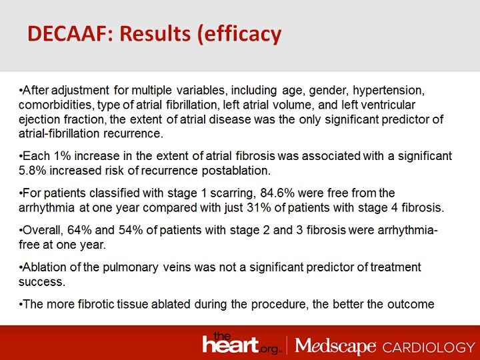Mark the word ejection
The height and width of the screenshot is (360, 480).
[x=41, y=118]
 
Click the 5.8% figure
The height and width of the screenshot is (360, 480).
[x=33, y=170]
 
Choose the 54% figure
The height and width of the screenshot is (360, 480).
[x=120, y=230]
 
